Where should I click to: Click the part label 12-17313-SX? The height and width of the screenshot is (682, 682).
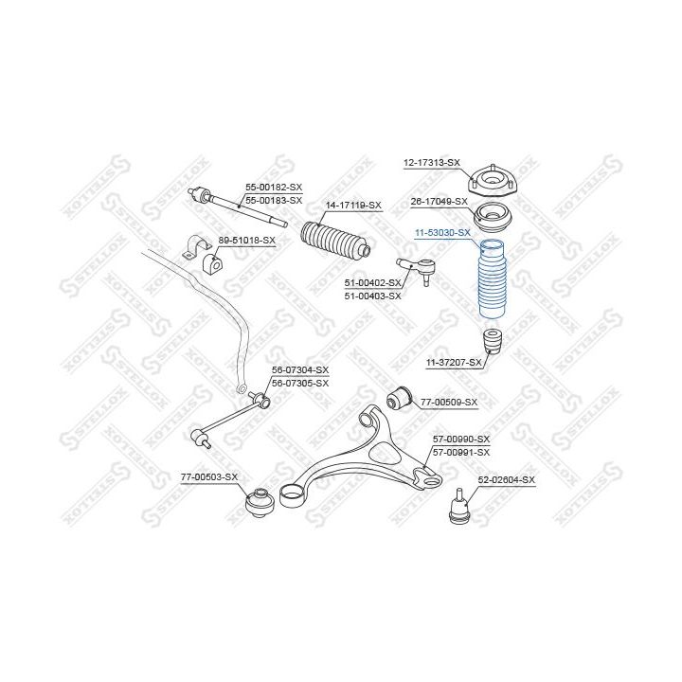(x=431, y=163)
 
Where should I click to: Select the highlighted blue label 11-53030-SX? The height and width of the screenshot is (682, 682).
(x=441, y=232)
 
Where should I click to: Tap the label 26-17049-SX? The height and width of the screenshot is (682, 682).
(x=439, y=201)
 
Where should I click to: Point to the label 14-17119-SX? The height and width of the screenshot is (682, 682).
(x=352, y=205)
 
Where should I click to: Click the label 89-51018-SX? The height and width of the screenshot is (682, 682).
(x=246, y=240)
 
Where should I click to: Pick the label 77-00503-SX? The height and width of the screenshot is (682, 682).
(x=208, y=477)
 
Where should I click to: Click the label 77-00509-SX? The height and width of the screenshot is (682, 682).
(x=448, y=402)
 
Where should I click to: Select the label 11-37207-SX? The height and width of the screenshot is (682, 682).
(x=454, y=361)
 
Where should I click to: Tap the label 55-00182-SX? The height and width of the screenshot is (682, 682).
(x=274, y=188)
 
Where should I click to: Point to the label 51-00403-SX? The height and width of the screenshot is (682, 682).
(x=372, y=296)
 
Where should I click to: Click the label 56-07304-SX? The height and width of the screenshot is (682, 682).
(x=299, y=369)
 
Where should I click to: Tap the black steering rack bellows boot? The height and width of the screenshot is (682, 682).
(x=333, y=242)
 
